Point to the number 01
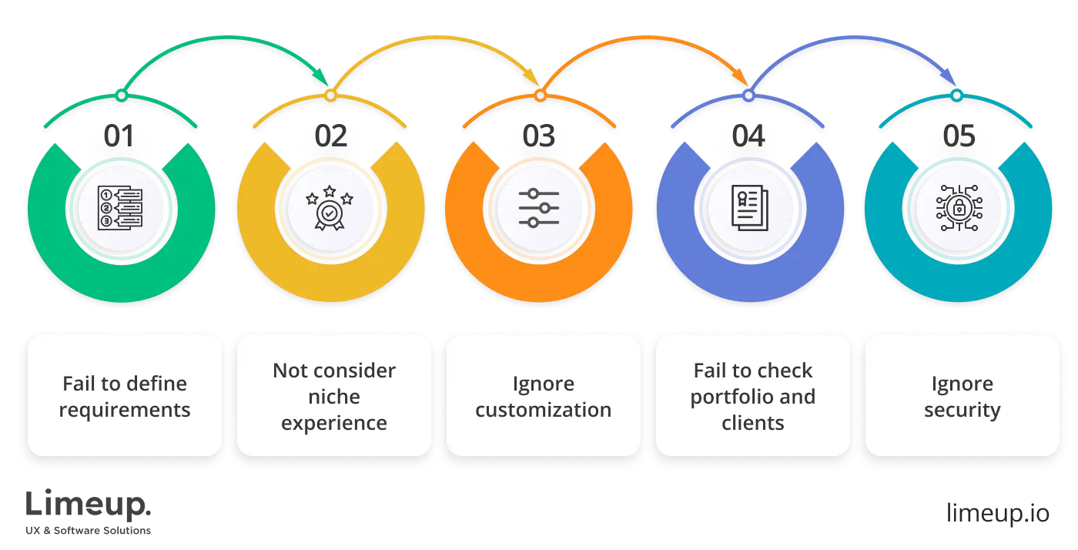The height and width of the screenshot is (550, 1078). point(121,137)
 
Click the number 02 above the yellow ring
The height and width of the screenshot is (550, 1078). point(330,137)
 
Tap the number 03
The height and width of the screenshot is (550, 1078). point(539,137)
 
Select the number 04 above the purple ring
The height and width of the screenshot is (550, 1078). point(748,137)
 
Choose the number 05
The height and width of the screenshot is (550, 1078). point(958,137)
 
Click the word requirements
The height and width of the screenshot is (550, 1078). point(125,411)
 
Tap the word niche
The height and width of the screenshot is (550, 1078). point(334,397)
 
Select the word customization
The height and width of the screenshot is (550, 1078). point(544,411)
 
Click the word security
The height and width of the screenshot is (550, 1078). point(962,411)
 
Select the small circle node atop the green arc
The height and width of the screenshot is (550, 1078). point(121,96)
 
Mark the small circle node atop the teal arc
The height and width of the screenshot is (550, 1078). point(956,96)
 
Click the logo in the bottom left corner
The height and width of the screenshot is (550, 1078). point(89,510)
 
